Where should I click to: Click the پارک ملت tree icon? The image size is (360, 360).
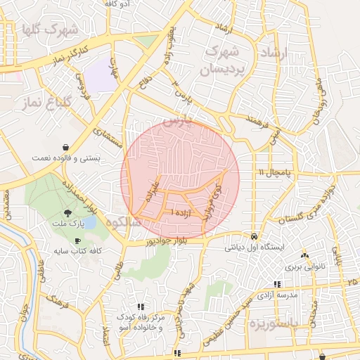67,212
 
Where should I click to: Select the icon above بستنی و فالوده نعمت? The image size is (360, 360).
65,148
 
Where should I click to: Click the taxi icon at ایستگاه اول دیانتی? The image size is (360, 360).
254,236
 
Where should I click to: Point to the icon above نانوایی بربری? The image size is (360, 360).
304,256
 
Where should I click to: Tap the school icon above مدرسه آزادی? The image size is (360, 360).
276,285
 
